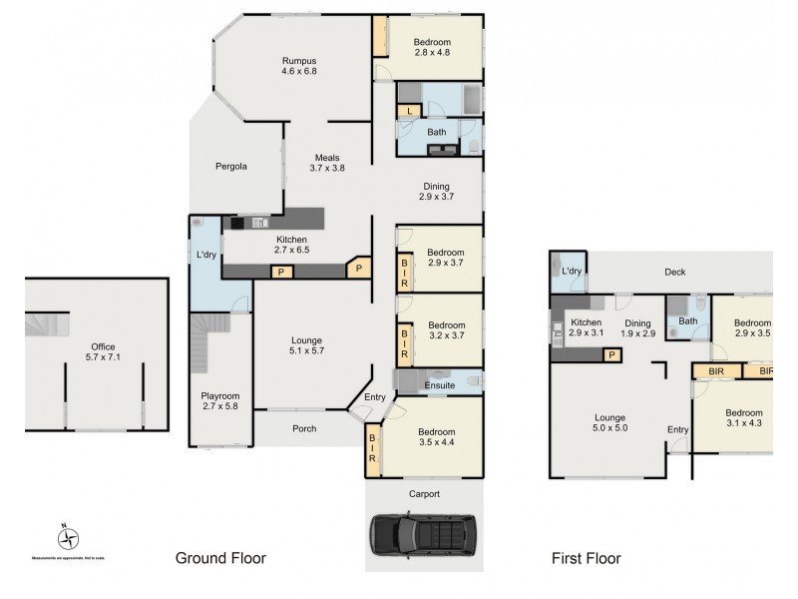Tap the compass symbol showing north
[67, 538]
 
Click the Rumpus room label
[299, 66]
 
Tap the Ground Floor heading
[220, 558]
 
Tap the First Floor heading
[586, 558]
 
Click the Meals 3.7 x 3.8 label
[328, 163]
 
